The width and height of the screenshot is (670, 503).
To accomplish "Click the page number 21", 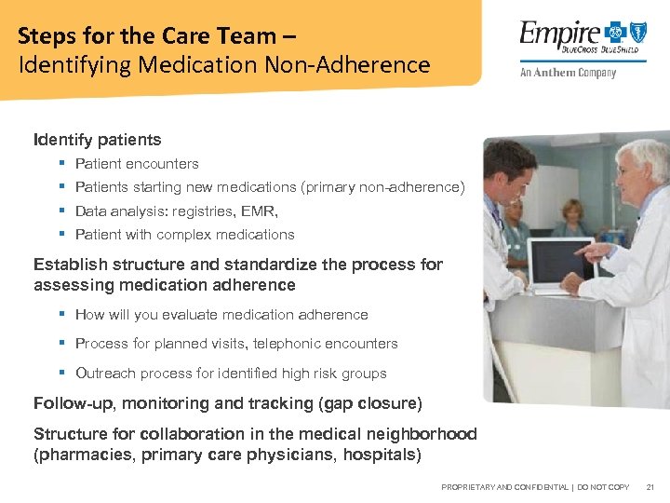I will (650, 487).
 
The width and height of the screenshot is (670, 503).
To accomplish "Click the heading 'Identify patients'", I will (97, 140).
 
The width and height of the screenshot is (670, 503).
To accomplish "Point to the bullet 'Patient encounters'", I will (137, 164).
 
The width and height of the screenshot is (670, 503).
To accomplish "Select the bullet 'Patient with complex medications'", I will (184, 235).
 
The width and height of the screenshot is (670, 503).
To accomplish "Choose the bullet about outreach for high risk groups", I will (230, 374).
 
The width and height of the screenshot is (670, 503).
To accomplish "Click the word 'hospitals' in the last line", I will (381, 455).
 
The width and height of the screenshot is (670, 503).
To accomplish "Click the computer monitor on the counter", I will (557, 265).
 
